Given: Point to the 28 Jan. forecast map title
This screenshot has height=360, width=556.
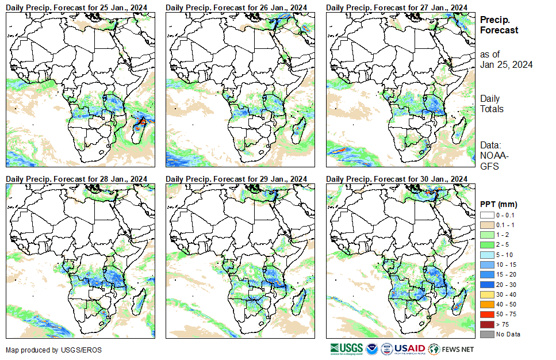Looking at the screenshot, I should click(80, 179).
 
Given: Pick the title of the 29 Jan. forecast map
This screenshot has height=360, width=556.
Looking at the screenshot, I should click(240, 179).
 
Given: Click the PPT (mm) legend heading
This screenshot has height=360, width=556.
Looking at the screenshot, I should click(499, 204).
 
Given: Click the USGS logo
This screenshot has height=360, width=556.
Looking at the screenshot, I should click(347, 348).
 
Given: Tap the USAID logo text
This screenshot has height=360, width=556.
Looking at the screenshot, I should click(409, 348).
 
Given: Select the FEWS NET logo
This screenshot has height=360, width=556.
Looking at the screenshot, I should click(452, 348).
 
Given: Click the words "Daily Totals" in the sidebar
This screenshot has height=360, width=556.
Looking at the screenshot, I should click(492, 104).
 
